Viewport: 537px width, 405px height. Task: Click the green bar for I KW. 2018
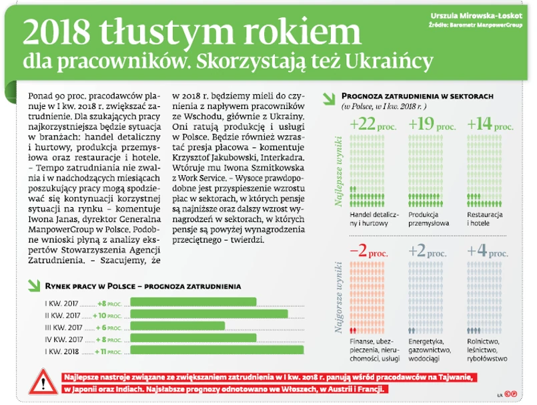[216, 350]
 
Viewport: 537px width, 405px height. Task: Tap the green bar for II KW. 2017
[208, 315]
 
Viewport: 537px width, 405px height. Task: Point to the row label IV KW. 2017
[63, 339]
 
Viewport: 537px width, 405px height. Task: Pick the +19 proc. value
[431, 124]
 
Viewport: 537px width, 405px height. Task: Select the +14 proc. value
[490, 124]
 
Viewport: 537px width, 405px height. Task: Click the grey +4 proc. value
[490, 253]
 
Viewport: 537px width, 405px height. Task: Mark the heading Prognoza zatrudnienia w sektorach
[417, 96]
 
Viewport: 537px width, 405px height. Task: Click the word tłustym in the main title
[165, 33]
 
